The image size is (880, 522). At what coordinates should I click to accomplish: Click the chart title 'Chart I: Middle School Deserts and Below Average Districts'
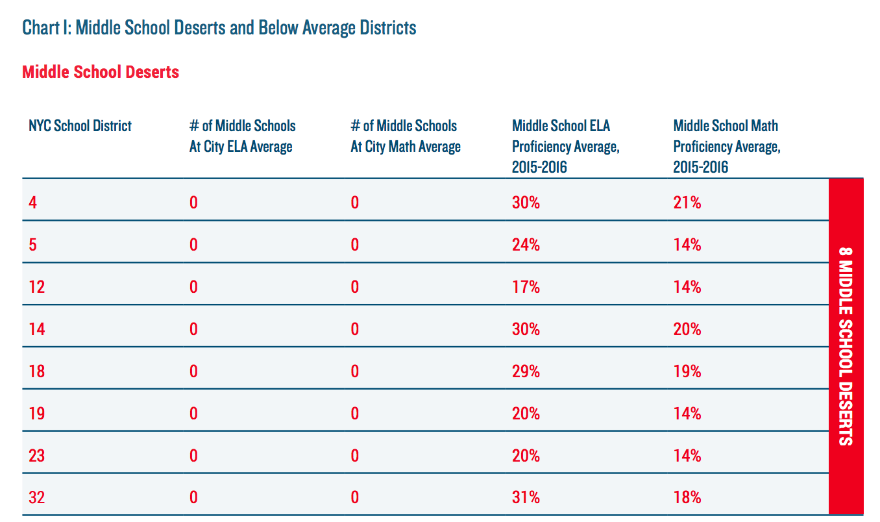coord(219,28)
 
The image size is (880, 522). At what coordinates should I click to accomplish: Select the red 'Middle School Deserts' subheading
coord(101,71)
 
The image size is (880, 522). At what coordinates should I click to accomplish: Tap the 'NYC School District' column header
coord(80,125)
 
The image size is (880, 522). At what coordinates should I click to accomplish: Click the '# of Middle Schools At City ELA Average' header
coord(242,136)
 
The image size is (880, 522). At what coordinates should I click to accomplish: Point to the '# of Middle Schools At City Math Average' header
coord(406,136)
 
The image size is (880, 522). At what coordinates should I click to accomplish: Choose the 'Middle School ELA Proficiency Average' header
coord(566,146)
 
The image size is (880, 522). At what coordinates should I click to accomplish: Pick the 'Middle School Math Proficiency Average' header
coord(727,146)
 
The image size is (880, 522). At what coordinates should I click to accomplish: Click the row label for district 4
coord(33,203)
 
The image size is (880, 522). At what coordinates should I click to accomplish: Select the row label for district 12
coord(37,287)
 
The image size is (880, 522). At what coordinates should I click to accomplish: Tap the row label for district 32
coord(37,497)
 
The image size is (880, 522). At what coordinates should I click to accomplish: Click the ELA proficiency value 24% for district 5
coord(526,245)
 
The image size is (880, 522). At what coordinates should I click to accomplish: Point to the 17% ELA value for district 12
coord(526,287)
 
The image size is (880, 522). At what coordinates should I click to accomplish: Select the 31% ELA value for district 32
coord(526,497)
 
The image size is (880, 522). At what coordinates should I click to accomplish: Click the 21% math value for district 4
coord(687,203)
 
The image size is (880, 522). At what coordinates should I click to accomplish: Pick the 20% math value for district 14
coord(687,329)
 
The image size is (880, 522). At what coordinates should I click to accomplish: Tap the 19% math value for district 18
coord(687,371)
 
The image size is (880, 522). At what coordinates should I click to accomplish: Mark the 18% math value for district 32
coord(687,497)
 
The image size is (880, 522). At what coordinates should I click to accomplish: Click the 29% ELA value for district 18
coord(526,371)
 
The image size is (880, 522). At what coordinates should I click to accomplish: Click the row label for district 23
coord(37,455)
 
